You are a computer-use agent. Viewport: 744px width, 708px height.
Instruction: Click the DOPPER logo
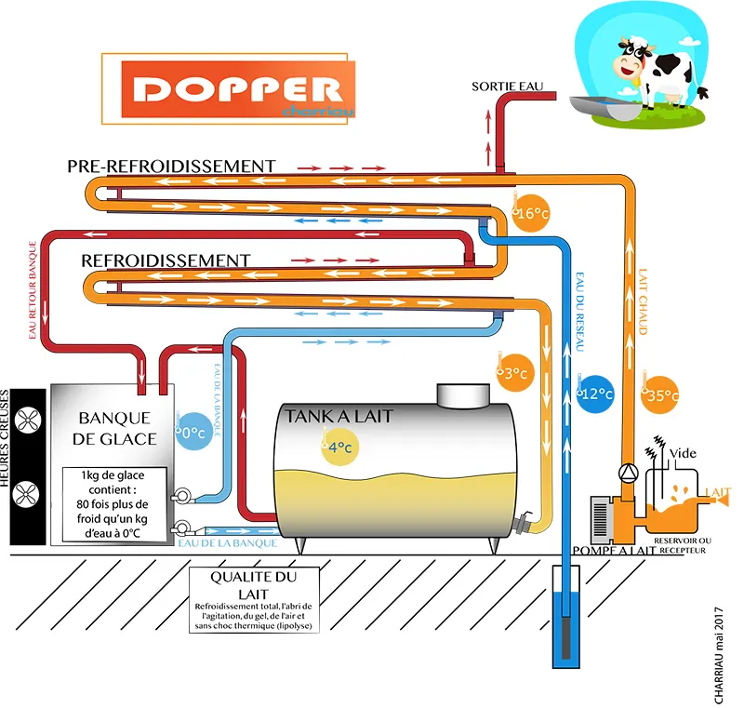237,89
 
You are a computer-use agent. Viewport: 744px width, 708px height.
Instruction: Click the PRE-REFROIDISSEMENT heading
171,166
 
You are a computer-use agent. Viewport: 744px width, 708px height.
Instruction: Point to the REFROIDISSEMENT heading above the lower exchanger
166,259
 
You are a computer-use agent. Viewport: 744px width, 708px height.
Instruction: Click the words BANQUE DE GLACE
116,427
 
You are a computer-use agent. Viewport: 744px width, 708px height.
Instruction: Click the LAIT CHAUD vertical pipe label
642,303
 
